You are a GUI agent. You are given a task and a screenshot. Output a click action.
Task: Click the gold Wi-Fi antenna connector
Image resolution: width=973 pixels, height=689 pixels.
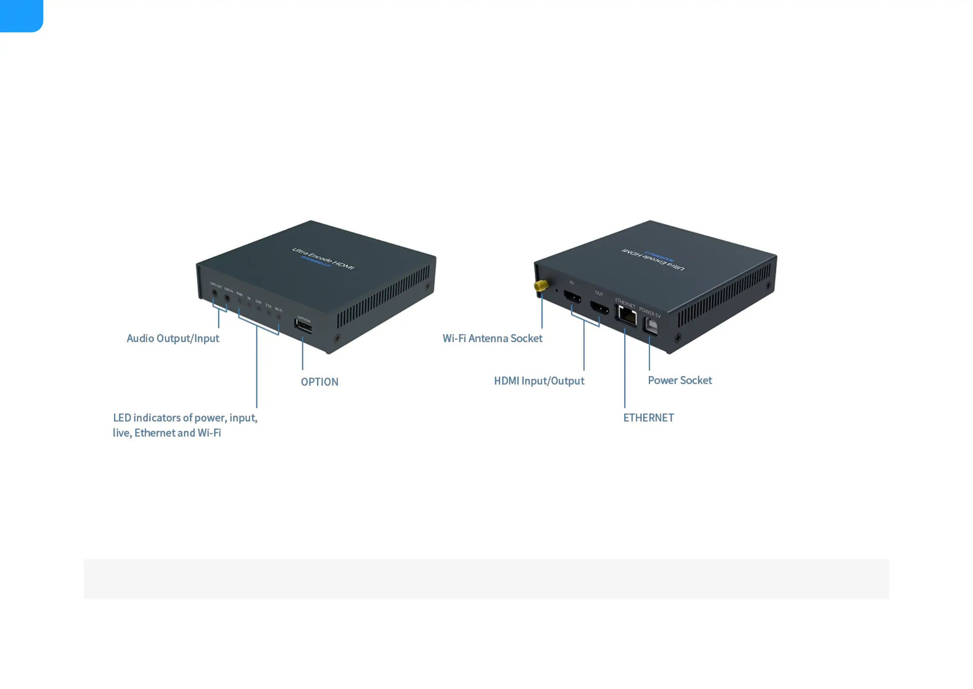pyautogui.click(x=541, y=285)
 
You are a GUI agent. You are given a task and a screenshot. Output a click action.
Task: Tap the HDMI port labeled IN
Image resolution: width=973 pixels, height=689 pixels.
pyautogui.click(x=573, y=297)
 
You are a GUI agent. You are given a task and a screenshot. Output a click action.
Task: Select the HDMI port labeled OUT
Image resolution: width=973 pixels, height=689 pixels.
pyautogui.click(x=599, y=308)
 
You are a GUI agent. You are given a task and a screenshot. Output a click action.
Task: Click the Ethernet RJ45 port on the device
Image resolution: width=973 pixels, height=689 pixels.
pyautogui.click(x=627, y=317)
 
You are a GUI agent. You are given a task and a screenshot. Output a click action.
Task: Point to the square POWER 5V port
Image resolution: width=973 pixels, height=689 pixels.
pyautogui.click(x=651, y=326)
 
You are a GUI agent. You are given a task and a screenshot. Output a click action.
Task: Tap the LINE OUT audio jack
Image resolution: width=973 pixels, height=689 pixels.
pyautogui.click(x=215, y=294)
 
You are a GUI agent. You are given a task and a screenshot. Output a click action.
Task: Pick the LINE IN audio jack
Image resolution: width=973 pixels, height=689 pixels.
pyautogui.click(x=227, y=298)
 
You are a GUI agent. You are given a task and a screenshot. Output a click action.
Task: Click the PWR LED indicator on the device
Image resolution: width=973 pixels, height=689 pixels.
pyautogui.click(x=240, y=301)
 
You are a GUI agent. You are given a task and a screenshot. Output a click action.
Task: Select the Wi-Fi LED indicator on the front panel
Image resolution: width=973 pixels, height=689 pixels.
pyautogui.click(x=279, y=317)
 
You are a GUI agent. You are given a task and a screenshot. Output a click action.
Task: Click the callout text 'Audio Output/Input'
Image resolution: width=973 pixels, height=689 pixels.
pyautogui.click(x=173, y=338)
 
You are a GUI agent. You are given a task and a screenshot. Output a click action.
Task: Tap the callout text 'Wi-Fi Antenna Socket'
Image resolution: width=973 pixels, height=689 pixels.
pyautogui.click(x=492, y=338)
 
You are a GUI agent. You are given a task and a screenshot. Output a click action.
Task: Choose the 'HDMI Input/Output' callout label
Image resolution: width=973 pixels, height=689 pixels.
pyautogui.click(x=539, y=381)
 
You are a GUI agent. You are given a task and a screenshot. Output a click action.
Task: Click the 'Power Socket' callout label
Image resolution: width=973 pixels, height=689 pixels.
pyautogui.click(x=679, y=380)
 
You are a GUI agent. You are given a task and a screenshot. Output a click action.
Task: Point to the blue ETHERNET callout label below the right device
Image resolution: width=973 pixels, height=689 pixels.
pyautogui.click(x=648, y=418)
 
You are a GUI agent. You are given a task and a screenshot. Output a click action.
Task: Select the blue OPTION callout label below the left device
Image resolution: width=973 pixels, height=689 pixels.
pyautogui.click(x=319, y=382)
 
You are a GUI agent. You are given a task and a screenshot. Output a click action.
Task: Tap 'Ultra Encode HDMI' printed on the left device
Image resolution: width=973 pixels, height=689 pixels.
pyautogui.click(x=323, y=258)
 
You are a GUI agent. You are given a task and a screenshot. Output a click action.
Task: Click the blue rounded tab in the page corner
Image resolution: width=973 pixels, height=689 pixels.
pyautogui.click(x=21, y=15)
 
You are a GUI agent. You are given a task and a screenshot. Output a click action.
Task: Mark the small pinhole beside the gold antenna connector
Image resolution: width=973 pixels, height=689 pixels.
pyautogui.click(x=557, y=290)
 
